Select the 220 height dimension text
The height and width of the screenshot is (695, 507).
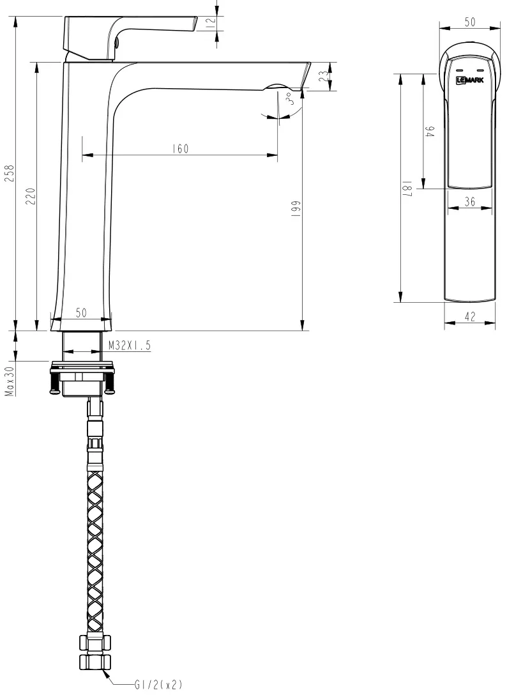pos(31,196)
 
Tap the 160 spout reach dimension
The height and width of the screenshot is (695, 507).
pos(180,148)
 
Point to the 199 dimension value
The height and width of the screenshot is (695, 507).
pos(296,208)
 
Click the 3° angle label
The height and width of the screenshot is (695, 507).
pos(289,98)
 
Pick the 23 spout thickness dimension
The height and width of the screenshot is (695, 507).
pos(326,76)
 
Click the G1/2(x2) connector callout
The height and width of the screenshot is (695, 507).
pos(158,685)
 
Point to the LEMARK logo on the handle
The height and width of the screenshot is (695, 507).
pos(470,80)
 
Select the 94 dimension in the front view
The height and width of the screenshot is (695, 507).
pos(430,131)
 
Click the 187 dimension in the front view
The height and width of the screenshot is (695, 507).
pos(408,188)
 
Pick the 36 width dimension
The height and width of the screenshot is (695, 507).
pos(470,202)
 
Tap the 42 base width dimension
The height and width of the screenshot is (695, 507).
pos(470,316)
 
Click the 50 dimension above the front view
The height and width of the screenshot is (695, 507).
pos(470,22)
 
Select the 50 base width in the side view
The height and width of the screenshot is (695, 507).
pos(81,313)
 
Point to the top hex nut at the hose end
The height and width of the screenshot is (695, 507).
pos(95,642)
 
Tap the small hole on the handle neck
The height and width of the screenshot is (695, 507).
pos(118,43)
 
